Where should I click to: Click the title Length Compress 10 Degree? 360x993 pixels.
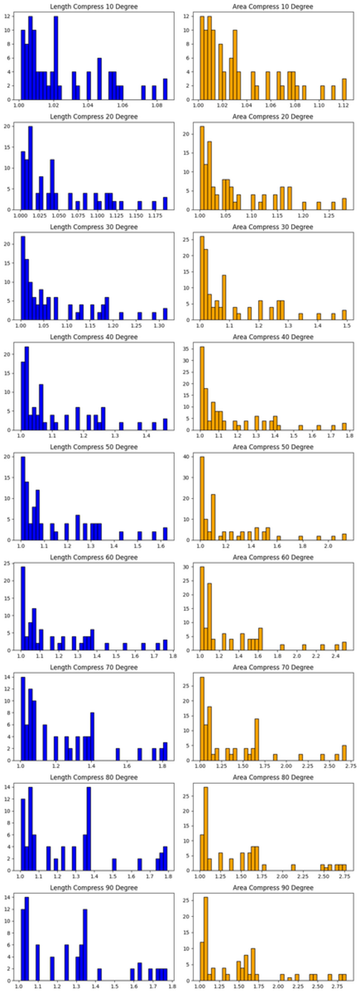(x=94, y=7)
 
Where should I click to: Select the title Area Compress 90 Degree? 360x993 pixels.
(x=272, y=888)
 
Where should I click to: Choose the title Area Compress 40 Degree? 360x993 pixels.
(x=272, y=337)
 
